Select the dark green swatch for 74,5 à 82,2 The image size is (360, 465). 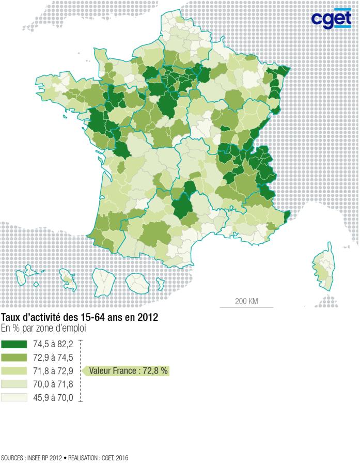14,344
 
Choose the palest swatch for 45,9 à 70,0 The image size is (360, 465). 14,397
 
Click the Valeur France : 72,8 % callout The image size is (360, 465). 128,371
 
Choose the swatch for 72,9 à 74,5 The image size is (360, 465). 14,358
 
